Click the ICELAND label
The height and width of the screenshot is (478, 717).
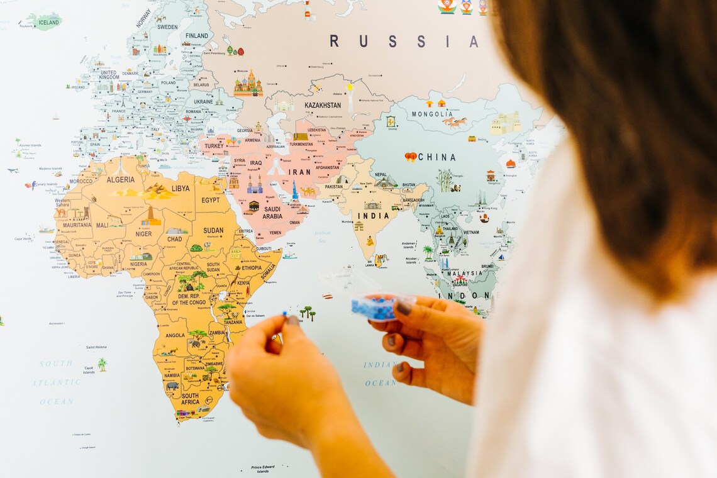tap(48, 23)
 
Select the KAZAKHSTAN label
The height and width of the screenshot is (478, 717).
tap(322, 105)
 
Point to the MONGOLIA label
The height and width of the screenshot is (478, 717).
tap(432, 114)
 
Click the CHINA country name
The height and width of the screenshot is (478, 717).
tap(436, 157)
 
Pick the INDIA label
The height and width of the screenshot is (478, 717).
tap(374, 216)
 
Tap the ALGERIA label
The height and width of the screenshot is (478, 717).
tap(121, 180)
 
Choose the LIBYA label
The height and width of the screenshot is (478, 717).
tap(181, 188)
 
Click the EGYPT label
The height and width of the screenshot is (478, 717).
tap(211, 200)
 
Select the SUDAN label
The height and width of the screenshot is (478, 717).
tap(213, 230)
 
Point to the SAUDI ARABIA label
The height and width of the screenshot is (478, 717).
tap(272, 213)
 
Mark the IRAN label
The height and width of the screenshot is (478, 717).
tap(299, 172)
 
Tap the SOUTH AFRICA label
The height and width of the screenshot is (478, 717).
tap(191, 399)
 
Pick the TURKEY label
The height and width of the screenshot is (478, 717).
tap(214, 146)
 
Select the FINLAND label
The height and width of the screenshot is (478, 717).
tap(197, 36)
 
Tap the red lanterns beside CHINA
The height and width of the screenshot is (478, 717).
tap(411, 157)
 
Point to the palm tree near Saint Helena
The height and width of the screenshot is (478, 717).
tap(102, 364)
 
